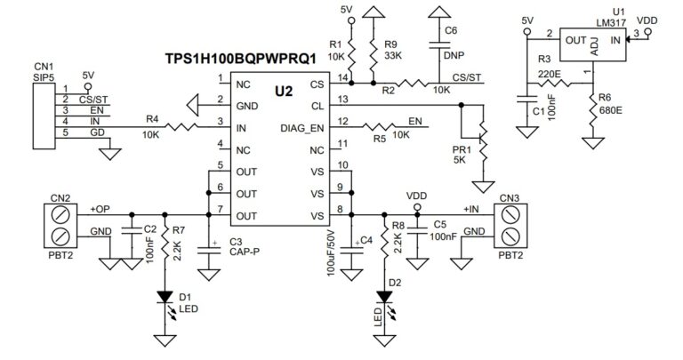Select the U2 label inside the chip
pyautogui.click(x=283, y=91)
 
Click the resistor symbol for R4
pyautogui.click(x=179, y=126)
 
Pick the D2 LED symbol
pyautogui.click(x=384, y=298)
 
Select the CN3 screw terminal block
pyautogui.click(x=509, y=225)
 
